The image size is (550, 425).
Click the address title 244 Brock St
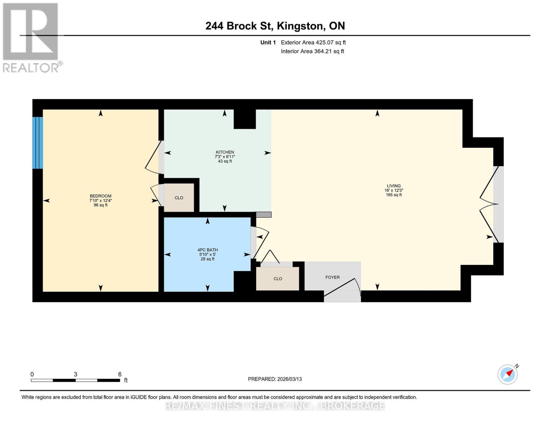[275, 26]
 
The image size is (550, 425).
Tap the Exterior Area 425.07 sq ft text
[313, 42]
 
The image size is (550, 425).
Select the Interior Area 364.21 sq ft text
[312, 51]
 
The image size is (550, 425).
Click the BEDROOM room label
[101, 196]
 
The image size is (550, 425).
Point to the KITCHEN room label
[225, 152]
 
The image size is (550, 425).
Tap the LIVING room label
[393, 186]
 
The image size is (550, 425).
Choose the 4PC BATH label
[208, 250]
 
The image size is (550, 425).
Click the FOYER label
[332, 277]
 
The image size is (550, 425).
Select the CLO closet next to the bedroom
[179, 198]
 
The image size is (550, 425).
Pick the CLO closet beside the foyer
[278, 279]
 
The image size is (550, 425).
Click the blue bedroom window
[38, 143]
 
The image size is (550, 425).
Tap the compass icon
[508, 374]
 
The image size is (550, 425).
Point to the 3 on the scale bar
[75, 374]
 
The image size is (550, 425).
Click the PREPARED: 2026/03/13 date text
[275, 379]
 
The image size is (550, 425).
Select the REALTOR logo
[31, 37]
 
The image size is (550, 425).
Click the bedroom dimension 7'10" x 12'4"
[101, 200]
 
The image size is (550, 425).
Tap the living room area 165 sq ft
[393, 195]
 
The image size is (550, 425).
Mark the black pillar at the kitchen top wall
[244, 119]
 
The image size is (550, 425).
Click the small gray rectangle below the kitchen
[263, 215]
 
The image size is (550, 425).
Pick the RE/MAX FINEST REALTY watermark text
[275, 406]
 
